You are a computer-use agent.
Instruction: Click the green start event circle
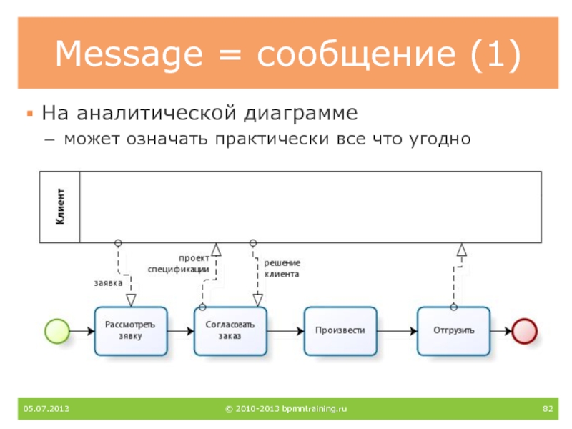[x=56, y=330]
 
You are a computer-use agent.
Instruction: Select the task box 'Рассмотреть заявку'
[x=130, y=330]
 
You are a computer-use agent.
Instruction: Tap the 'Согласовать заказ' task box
[x=230, y=330]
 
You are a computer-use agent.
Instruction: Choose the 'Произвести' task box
[x=340, y=330]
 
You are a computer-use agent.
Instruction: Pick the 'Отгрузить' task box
[x=453, y=330]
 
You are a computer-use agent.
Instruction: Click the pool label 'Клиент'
[x=61, y=207]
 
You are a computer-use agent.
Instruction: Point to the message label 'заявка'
[x=108, y=282]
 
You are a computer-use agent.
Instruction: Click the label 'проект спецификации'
[x=179, y=264]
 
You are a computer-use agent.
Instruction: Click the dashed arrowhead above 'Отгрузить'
[x=462, y=250]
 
